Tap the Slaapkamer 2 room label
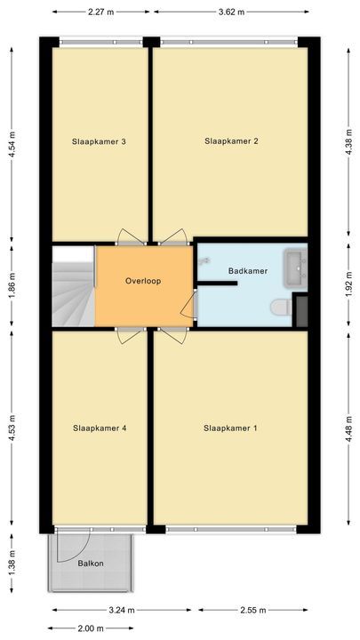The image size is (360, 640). tap(231, 140)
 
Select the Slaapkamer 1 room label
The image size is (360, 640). tap(230, 428)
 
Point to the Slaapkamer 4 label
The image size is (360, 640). tap(99, 428)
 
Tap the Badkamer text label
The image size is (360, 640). tap(248, 271)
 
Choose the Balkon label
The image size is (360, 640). tap(90, 564)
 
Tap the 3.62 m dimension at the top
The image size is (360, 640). tap(229, 13)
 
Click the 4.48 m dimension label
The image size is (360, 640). tap(348, 428)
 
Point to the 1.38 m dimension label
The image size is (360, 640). tap(12, 563)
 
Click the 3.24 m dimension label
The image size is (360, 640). tap(124, 611)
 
